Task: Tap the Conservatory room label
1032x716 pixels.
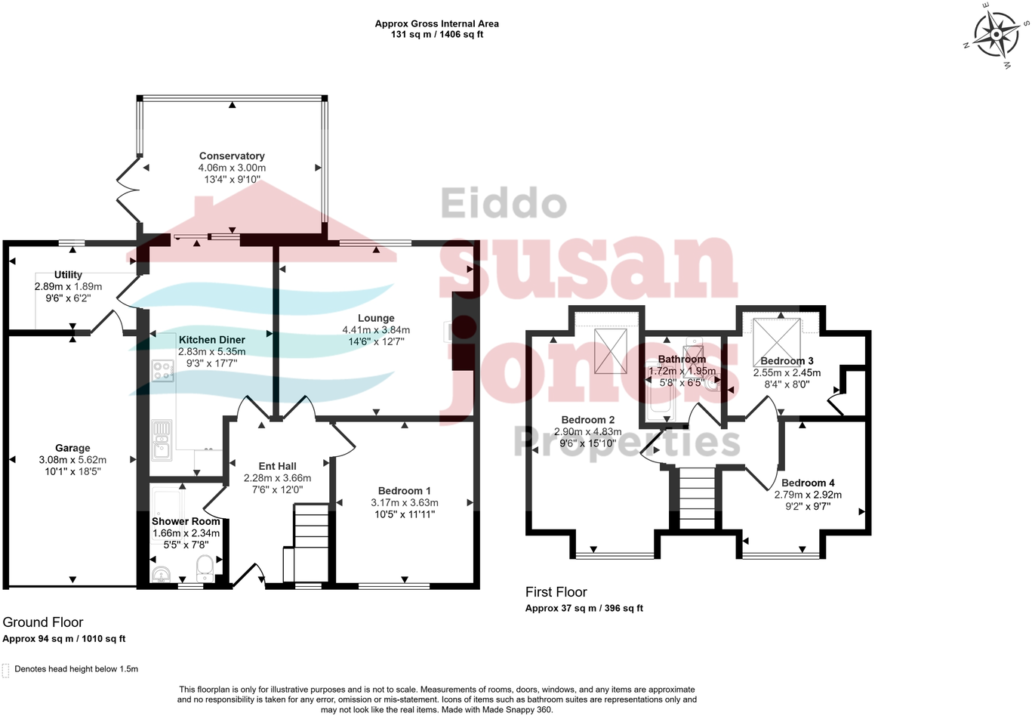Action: coord(232,156)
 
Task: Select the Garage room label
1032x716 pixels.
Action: coord(72,448)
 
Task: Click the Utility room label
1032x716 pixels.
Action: coord(68,275)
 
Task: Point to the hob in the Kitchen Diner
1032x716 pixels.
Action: coord(162,371)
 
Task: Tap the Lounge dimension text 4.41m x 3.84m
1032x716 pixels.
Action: coord(376,330)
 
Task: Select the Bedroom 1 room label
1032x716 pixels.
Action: coord(405,491)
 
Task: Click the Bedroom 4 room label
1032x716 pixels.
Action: coord(808,483)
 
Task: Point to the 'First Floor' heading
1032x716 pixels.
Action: coord(556,592)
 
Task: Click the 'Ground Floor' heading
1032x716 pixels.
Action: coord(43,622)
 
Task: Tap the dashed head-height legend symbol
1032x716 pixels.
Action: coord(6,670)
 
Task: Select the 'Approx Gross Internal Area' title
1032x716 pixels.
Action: coord(436,23)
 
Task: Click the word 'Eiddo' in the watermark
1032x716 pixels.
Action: coord(503,204)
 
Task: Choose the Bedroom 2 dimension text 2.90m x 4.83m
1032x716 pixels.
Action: coord(588,432)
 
